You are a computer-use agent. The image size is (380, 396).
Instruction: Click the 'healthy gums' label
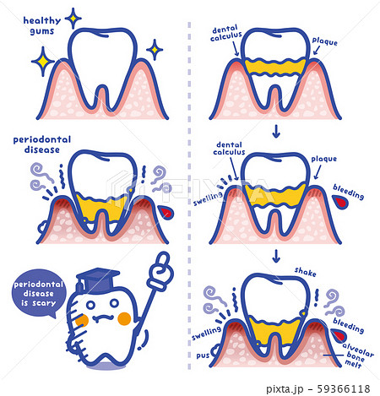coord(42,25)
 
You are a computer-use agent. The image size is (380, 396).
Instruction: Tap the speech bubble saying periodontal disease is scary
coord(39,293)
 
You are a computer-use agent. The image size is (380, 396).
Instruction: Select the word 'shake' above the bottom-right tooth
coord(305,272)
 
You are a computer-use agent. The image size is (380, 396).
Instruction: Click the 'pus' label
coord(203,355)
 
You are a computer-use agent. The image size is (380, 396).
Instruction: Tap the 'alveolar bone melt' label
coord(357,355)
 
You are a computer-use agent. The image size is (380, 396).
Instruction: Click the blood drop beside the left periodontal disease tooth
coord(166,213)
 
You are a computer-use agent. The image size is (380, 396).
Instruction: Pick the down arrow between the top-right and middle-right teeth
coord(276,132)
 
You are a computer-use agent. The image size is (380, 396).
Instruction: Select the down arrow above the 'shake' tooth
coord(276,256)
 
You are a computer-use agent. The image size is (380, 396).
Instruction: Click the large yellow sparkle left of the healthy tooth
coord(43,62)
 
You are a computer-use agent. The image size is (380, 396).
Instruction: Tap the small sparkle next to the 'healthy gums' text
coord(73,19)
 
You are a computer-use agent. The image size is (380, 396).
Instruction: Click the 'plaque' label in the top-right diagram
coord(324,41)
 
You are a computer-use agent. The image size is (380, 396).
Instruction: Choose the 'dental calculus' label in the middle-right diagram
coord(229,149)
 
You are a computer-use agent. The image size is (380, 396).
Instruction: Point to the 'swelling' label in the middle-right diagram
coord(208,198)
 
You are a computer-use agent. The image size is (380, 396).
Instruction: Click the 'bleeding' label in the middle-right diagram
coord(349,192)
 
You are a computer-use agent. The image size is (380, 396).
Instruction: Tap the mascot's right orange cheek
coord(124,318)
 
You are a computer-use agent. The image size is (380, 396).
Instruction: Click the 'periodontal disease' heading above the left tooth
coord(42,144)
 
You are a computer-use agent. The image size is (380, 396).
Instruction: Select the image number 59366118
coord(344,388)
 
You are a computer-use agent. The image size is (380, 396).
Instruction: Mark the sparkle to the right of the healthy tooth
coord(155,50)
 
